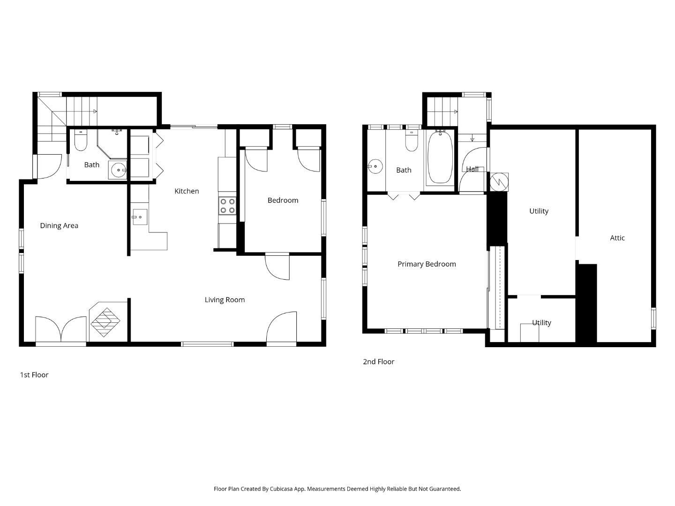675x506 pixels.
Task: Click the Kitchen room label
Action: point(187,191)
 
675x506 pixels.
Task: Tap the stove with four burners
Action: point(227,206)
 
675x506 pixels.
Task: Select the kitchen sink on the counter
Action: point(139,217)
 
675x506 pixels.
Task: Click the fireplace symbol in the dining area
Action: point(105,322)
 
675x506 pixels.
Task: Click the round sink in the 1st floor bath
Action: point(118,170)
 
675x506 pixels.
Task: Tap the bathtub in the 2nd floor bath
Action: point(440,157)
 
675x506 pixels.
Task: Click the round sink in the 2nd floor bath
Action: point(375,166)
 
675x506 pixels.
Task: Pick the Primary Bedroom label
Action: point(427,264)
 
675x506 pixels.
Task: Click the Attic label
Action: point(617,238)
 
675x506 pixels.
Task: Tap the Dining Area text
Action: point(59,226)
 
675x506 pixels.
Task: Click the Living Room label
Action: point(225,300)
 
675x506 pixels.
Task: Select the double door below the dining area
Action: point(61,331)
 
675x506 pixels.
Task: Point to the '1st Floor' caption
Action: point(34,375)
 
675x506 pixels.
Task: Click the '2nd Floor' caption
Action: point(378,362)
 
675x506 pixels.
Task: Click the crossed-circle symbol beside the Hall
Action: point(499,182)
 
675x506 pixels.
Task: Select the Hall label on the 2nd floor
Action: point(472,169)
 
